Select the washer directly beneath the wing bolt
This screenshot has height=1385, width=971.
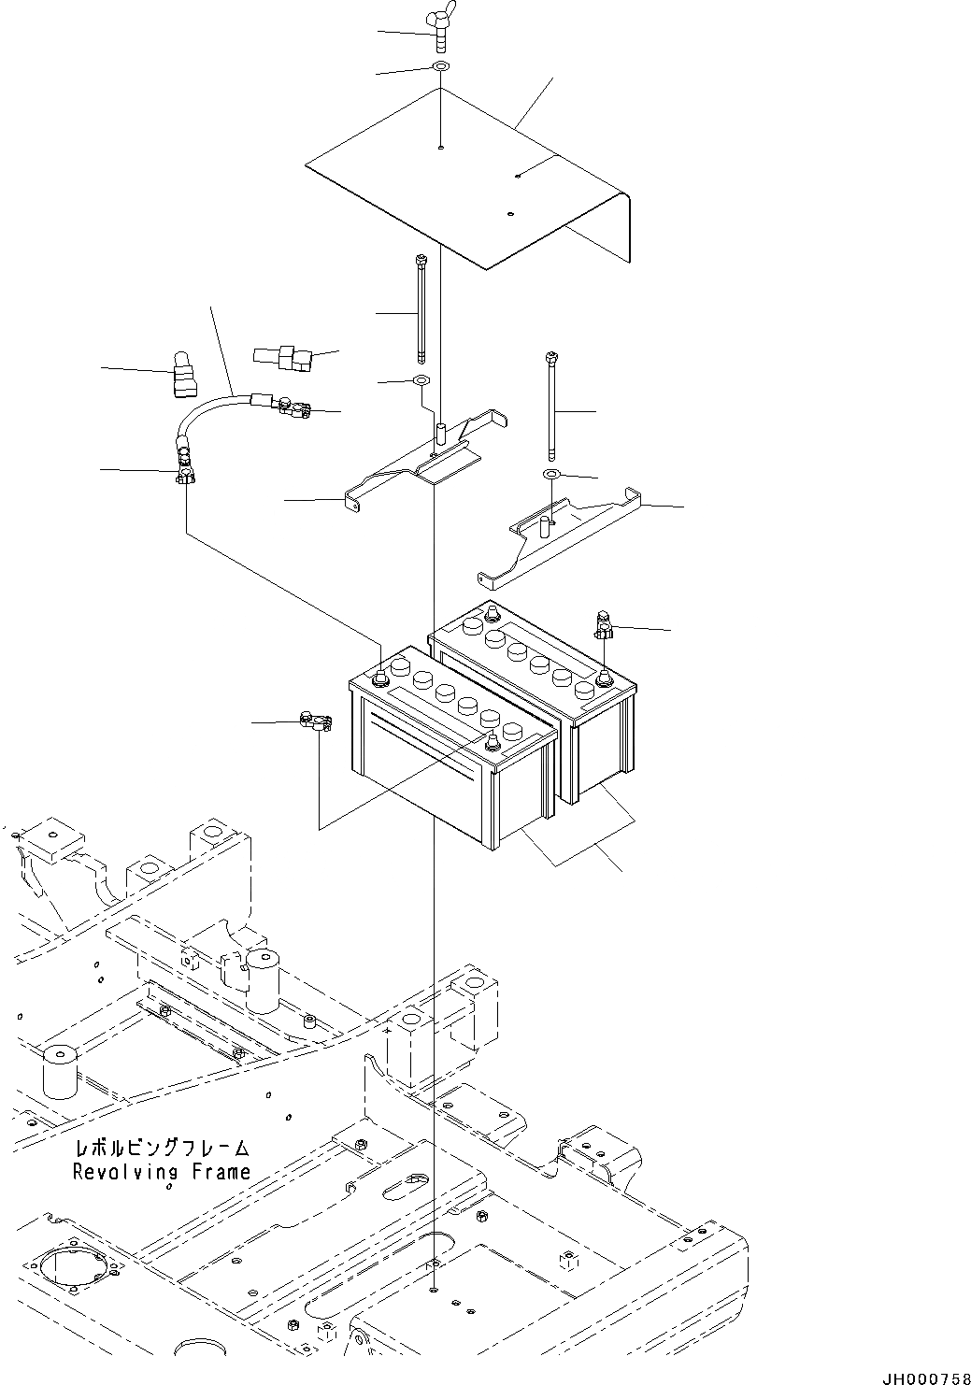(x=440, y=68)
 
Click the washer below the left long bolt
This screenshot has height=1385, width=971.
(x=420, y=381)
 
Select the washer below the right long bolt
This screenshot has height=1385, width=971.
(x=551, y=476)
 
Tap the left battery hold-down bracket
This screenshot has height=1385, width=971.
(x=421, y=463)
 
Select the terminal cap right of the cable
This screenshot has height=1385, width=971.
(x=279, y=356)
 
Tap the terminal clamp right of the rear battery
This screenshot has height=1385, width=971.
(x=603, y=625)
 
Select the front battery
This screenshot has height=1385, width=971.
(x=449, y=748)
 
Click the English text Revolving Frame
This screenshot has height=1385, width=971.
(x=162, y=1171)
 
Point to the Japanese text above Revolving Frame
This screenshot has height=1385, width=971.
(x=162, y=1147)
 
